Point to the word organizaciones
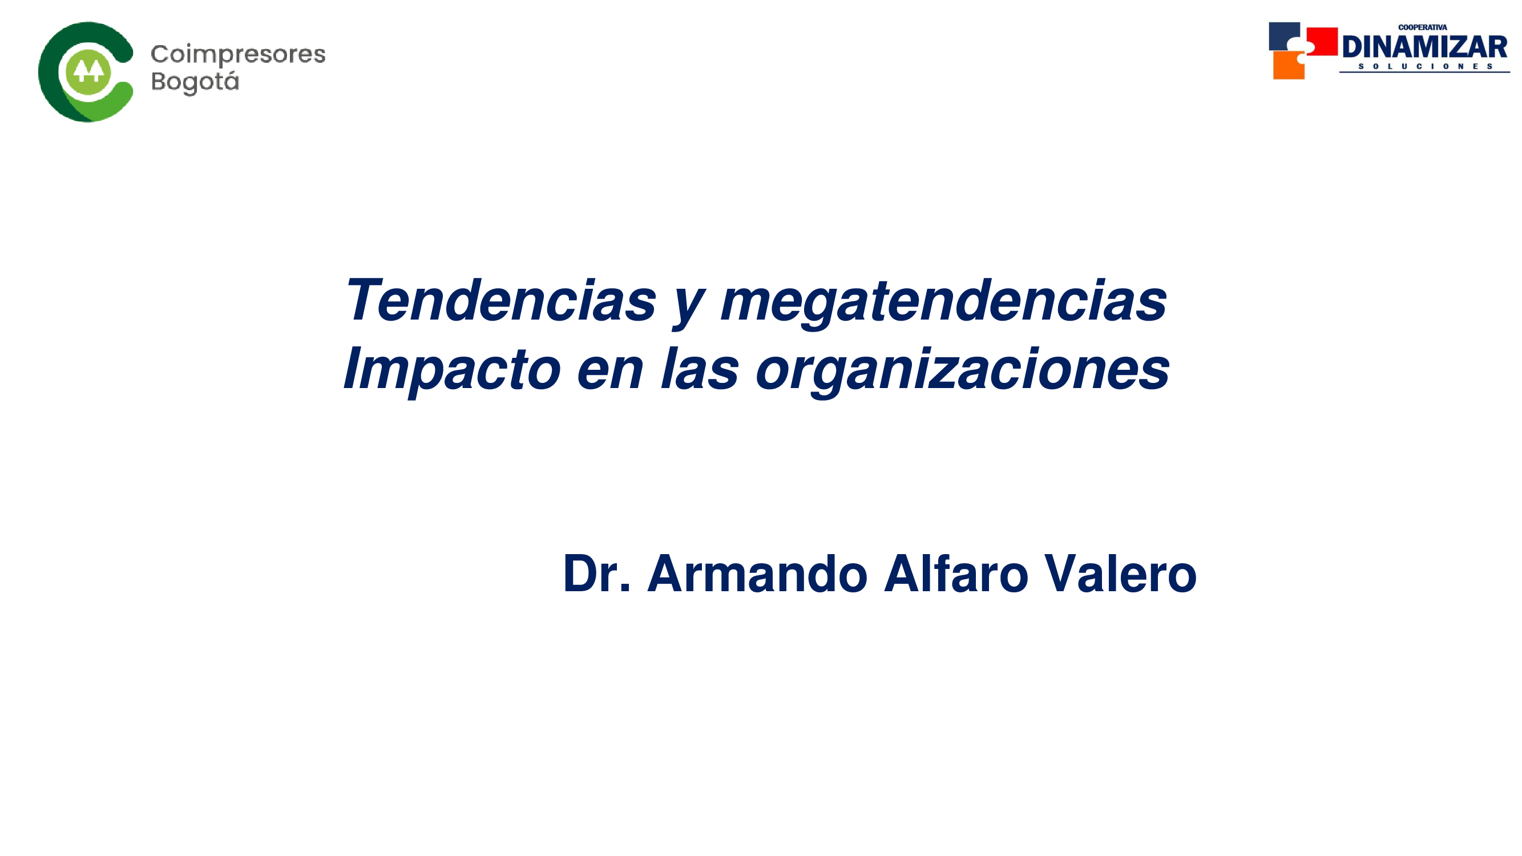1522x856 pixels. (x=963, y=372)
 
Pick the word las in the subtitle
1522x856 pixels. (x=700, y=369)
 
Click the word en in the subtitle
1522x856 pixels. (x=609, y=374)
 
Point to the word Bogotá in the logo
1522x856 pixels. (x=195, y=82)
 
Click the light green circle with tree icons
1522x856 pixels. (x=88, y=71)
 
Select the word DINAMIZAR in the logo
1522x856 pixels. (x=1424, y=47)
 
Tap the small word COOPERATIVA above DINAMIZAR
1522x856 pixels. (x=1423, y=27)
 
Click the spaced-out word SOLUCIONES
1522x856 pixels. (x=1426, y=67)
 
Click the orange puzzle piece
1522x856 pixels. (x=1289, y=65)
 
